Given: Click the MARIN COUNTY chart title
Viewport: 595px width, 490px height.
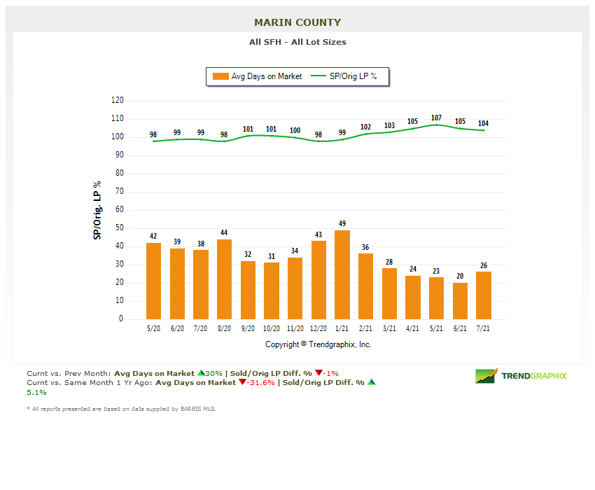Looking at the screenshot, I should [297, 22].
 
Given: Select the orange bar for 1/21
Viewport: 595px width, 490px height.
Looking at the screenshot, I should [342, 274].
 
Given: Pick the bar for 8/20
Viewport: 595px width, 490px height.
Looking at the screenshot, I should [224, 279].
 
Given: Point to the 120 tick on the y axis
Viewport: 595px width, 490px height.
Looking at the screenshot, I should [117, 101].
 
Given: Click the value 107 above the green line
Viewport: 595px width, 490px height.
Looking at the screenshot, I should [436, 118].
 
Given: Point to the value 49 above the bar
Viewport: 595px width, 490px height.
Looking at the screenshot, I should [342, 224].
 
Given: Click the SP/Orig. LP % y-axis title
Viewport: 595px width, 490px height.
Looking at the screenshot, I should [97, 210].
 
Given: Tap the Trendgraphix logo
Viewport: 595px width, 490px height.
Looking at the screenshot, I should [521, 376].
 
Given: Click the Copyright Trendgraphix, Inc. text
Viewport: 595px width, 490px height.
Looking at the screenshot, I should [318, 344].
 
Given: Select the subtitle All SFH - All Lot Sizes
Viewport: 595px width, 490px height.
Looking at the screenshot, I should [297, 42].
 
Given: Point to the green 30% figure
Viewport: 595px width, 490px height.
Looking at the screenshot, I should [213, 373].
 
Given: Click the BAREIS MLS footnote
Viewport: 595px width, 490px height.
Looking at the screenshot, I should [122, 409].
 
